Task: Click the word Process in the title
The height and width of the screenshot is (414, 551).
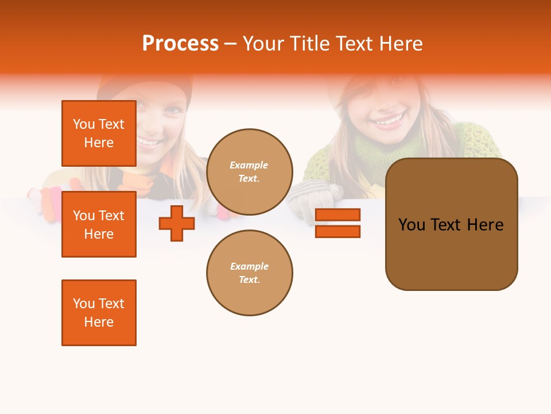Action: [x=180, y=44]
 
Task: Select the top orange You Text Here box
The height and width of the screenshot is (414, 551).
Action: [x=99, y=133]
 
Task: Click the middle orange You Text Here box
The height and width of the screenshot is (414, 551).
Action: [x=99, y=224]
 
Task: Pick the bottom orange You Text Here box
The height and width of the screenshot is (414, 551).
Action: [x=99, y=313]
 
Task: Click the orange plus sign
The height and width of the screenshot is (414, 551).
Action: [x=177, y=223]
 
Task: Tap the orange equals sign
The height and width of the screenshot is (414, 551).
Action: [x=337, y=223]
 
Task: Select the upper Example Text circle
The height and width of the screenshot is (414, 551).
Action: [x=250, y=172]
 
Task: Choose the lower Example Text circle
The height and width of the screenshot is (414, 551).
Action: [x=250, y=273]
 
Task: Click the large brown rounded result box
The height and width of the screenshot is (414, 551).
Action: [x=451, y=224]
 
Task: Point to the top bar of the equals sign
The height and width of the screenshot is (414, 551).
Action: [x=337, y=214]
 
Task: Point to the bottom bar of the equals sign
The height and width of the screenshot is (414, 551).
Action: [x=337, y=232]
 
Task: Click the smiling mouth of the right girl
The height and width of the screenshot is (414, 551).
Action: [x=389, y=121]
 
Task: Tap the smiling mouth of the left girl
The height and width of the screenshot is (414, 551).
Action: [x=148, y=141]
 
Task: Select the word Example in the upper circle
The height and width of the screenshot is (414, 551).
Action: [x=249, y=165]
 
